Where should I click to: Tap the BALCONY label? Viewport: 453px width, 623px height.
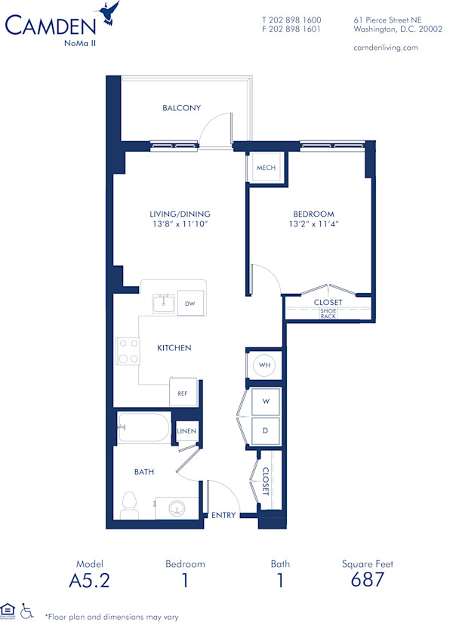pyautogui.click(x=181, y=108)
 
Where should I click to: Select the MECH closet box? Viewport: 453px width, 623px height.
pyautogui.click(x=265, y=168)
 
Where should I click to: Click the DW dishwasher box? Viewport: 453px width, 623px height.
pyautogui.click(x=190, y=304)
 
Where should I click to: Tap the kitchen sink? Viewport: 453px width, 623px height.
pyautogui.click(x=163, y=304)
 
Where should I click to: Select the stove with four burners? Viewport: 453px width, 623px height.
pyautogui.click(x=128, y=351)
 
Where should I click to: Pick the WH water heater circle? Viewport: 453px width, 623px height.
pyautogui.click(x=264, y=365)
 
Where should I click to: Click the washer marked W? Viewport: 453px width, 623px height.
pyautogui.click(x=265, y=401)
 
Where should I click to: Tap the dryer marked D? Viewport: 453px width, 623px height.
pyautogui.click(x=265, y=430)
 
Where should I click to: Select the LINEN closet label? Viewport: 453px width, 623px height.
pyautogui.click(x=186, y=431)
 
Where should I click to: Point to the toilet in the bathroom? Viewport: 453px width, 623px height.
pyautogui.click(x=128, y=504)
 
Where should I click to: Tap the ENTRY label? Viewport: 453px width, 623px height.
pyautogui.click(x=223, y=516)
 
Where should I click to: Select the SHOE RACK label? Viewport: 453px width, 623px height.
pyautogui.click(x=328, y=313)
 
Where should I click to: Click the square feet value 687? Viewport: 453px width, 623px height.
pyautogui.click(x=368, y=580)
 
